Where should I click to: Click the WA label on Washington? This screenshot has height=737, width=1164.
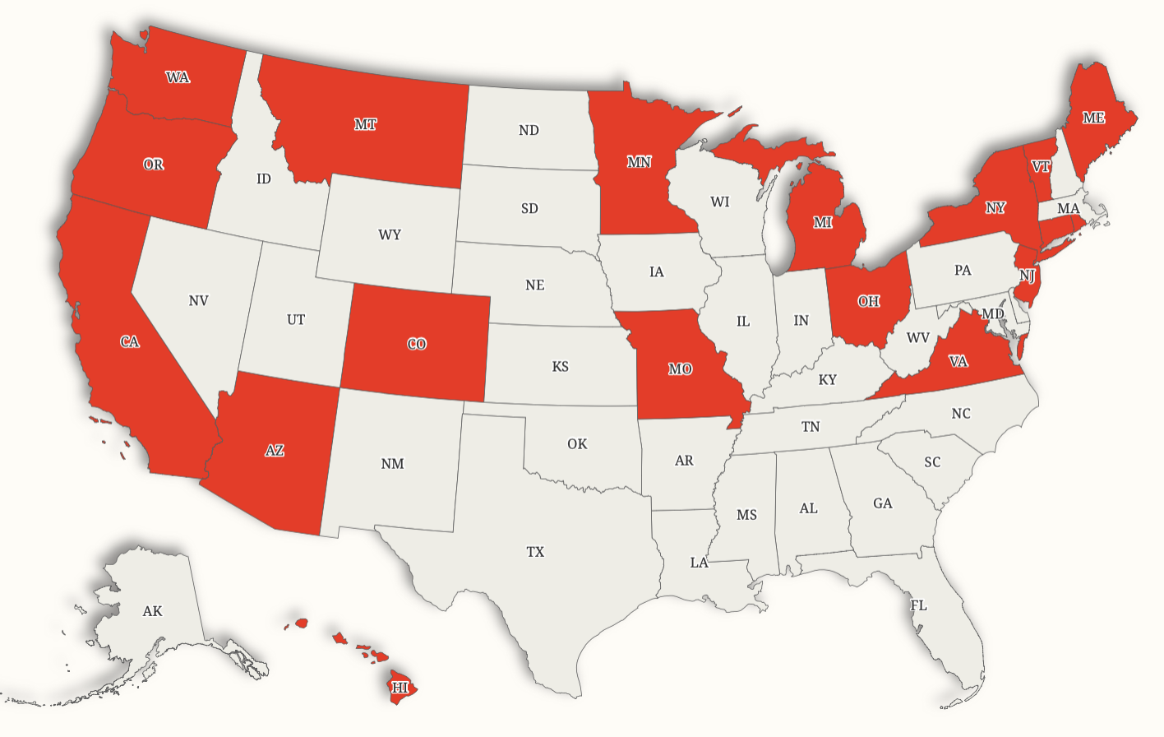pyautogui.click(x=178, y=77)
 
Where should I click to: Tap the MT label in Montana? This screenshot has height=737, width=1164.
pyautogui.click(x=366, y=124)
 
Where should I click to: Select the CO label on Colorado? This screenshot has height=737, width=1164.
pyautogui.click(x=417, y=344)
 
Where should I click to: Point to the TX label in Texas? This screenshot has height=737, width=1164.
pyautogui.click(x=535, y=552)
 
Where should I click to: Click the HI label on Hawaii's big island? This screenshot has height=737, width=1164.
pyautogui.click(x=400, y=687)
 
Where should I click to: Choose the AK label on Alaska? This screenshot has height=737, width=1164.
pyautogui.click(x=152, y=611)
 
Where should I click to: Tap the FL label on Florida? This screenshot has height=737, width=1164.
pyautogui.click(x=918, y=605)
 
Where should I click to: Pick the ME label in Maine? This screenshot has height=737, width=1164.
pyautogui.click(x=1093, y=118)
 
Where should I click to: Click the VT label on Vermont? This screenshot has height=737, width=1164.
pyautogui.click(x=1041, y=166)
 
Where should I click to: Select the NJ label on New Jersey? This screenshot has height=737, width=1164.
pyautogui.click(x=1027, y=275)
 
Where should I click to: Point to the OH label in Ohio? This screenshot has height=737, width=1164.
pyautogui.click(x=868, y=301)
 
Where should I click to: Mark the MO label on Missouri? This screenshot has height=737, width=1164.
pyautogui.click(x=680, y=369)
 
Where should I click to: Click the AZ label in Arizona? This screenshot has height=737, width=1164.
pyautogui.click(x=275, y=451)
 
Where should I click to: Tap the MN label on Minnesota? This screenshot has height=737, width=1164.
pyautogui.click(x=639, y=162)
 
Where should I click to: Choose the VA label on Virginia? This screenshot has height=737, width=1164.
pyautogui.click(x=958, y=361)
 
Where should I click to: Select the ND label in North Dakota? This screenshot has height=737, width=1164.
pyautogui.click(x=529, y=130)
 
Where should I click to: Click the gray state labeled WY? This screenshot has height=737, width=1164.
pyautogui.click(x=390, y=234)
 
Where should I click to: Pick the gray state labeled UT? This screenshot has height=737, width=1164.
pyautogui.click(x=296, y=319)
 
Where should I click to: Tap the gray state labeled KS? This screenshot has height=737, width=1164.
pyautogui.click(x=560, y=366)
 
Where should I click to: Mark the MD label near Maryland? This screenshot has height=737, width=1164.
pyautogui.click(x=992, y=314)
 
